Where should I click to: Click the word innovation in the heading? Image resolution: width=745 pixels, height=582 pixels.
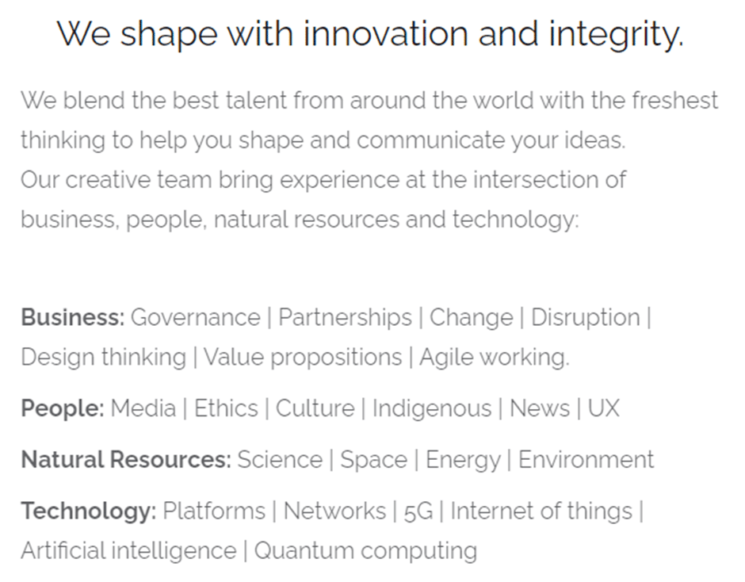point(386,34)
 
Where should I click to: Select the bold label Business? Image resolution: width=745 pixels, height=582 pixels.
point(73,317)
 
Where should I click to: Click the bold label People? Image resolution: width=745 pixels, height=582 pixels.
point(63,409)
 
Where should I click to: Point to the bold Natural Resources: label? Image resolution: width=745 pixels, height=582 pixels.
point(126,460)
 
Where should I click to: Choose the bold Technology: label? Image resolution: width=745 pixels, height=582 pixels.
point(89,511)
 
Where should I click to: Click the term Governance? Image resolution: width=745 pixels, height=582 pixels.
point(196,317)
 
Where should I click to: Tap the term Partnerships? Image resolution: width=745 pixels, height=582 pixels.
point(345,318)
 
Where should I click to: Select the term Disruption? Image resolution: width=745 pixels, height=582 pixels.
point(586,318)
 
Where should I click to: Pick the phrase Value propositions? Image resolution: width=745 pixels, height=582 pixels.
point(303,358)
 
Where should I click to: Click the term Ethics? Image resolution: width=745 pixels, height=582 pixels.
point(226,408)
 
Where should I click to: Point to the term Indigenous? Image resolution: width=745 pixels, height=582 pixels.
point(432,409)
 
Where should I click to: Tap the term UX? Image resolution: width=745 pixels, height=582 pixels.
point(603,408)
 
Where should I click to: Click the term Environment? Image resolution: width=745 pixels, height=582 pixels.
point(586,460)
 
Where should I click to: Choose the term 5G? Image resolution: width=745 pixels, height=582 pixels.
point(418,511)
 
